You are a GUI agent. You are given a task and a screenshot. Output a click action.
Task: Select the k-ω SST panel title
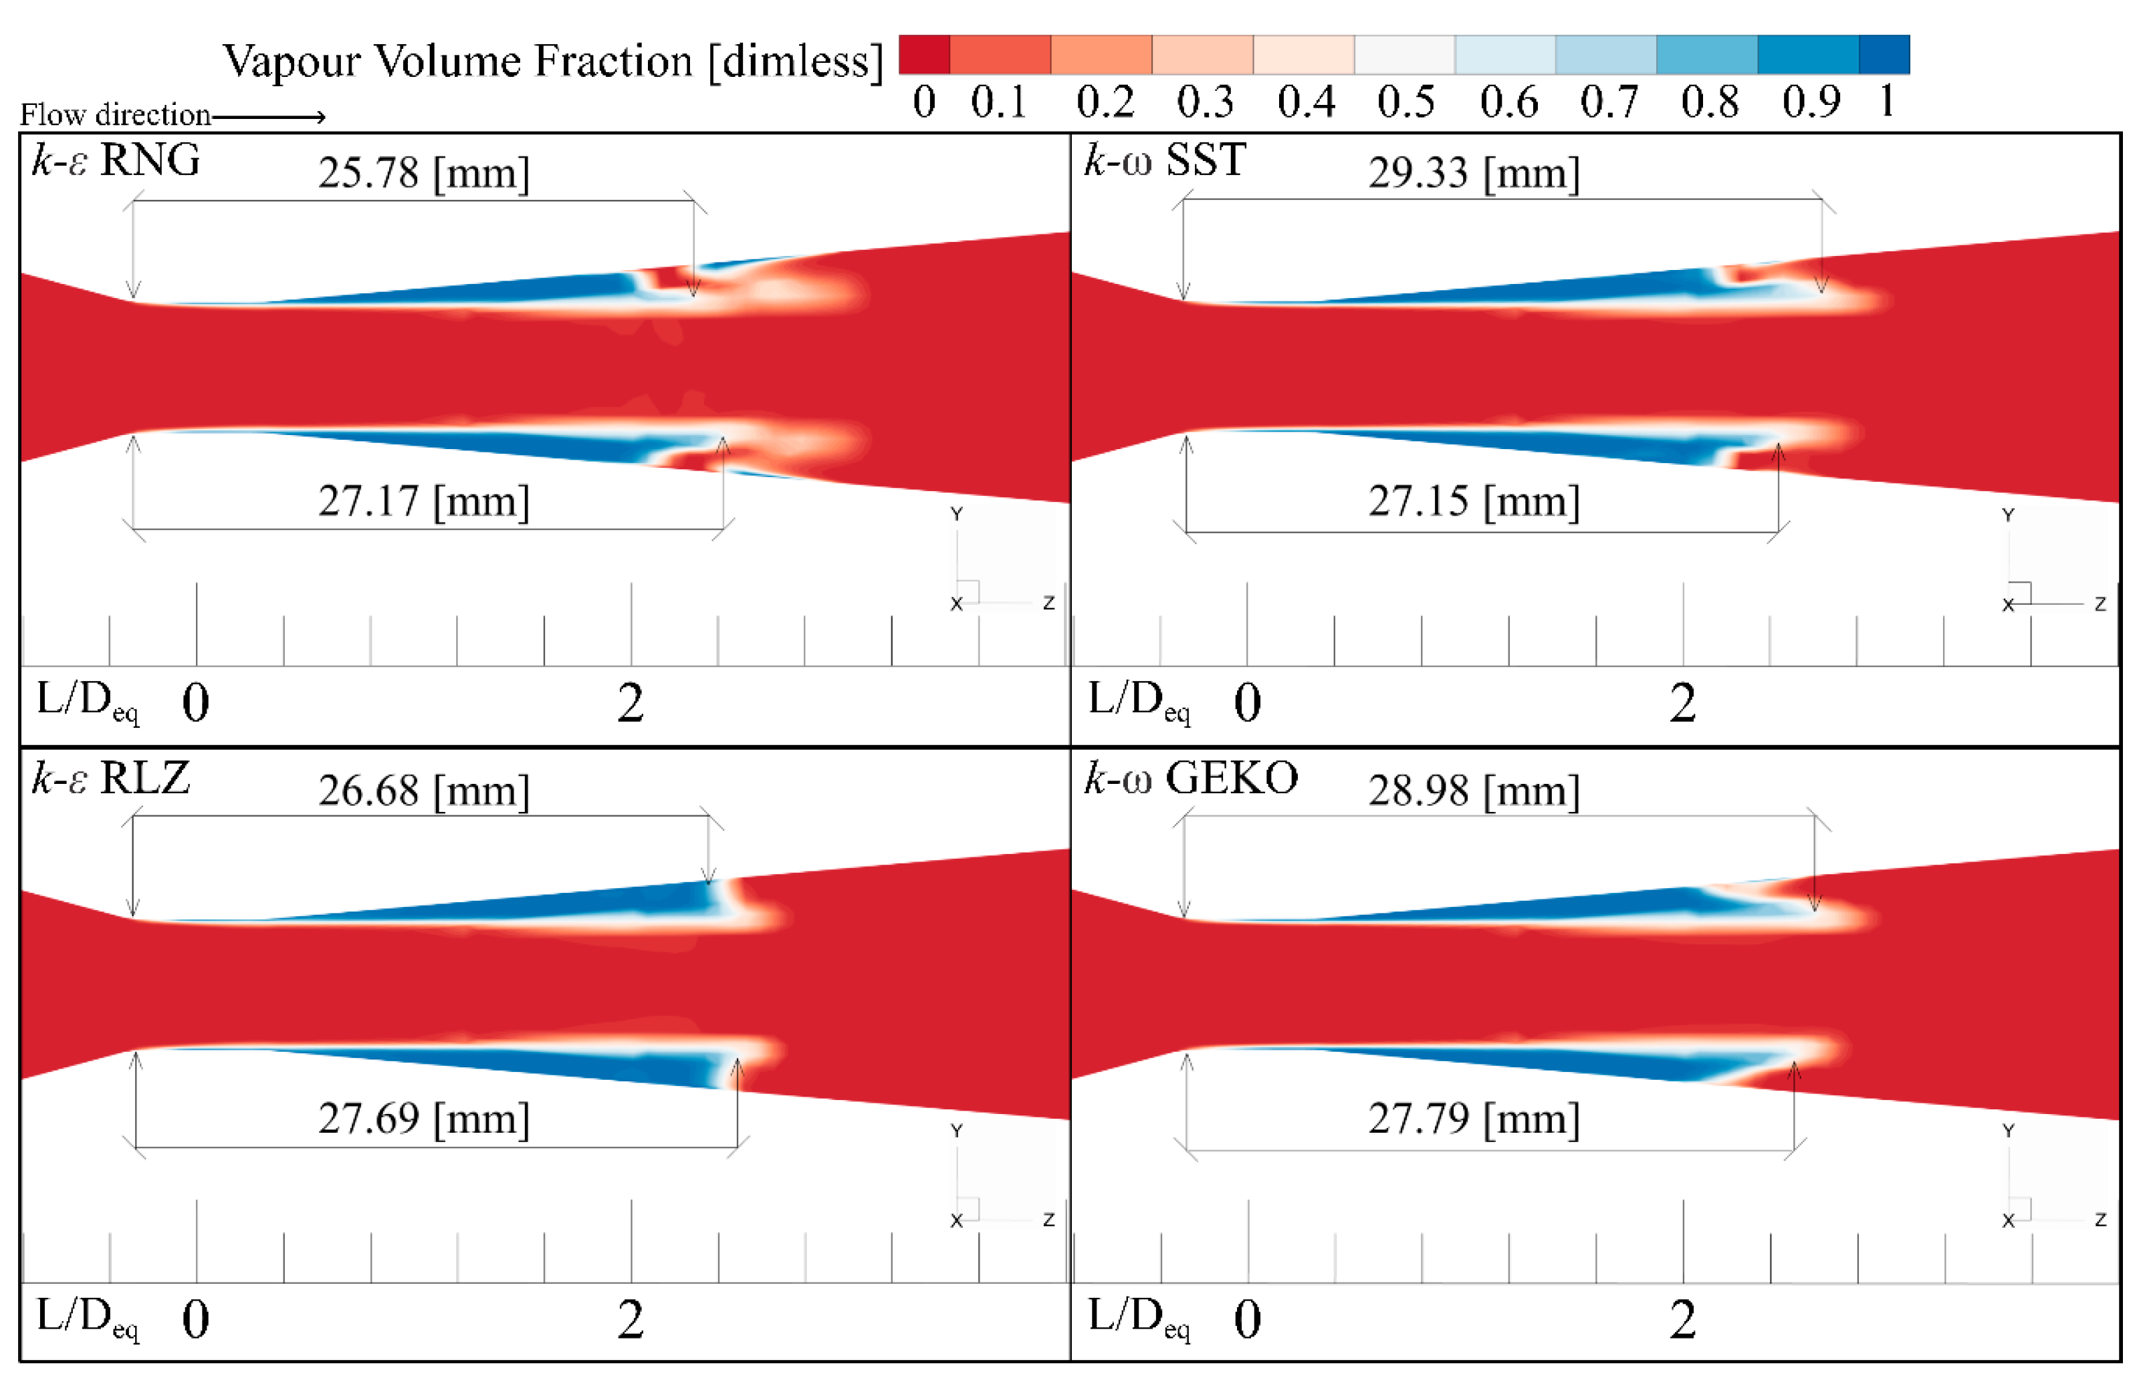point(1165,160)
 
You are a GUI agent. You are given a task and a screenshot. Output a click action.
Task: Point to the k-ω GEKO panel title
point(1191,777)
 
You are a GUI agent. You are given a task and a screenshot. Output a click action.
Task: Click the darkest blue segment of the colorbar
point(1883,55)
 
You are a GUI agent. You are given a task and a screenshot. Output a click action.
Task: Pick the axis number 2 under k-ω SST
point(1682,702)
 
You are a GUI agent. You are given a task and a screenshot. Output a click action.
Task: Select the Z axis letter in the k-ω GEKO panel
point(2100,1220)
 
